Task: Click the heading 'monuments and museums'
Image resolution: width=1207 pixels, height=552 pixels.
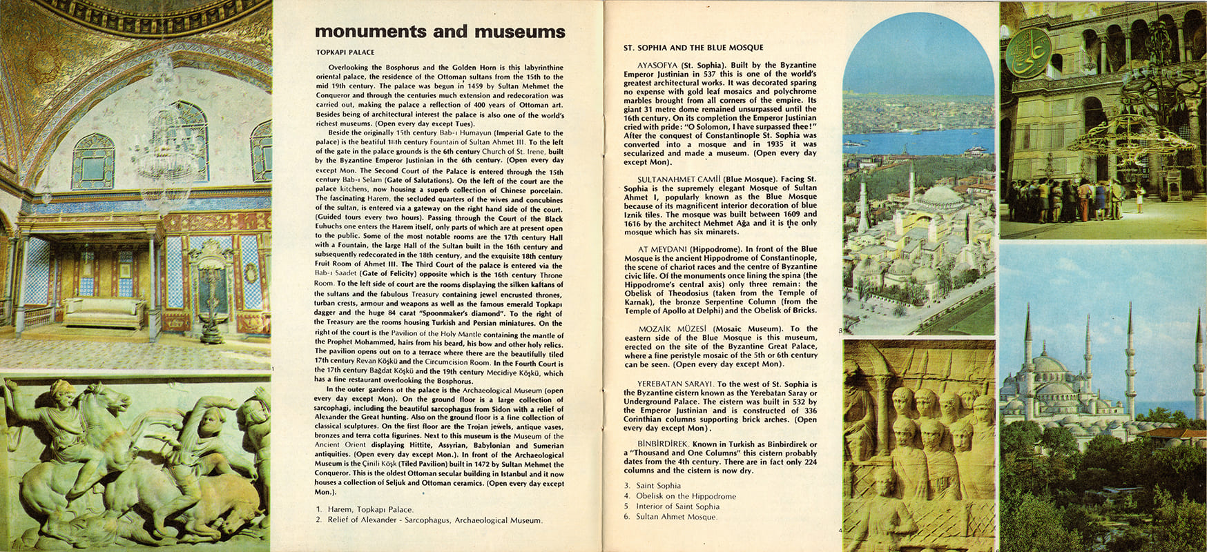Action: tap(440, 32)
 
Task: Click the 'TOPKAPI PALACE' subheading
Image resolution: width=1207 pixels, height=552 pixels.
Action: tap(345, 52)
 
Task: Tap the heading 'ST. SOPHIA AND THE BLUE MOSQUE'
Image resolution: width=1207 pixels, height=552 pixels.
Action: tap(693, 48)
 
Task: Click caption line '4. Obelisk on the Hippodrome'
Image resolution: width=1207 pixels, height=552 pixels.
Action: tap(680, 496)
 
